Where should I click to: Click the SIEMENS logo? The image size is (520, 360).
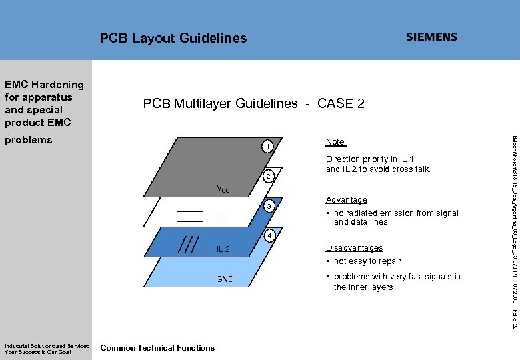[x=432, y=37]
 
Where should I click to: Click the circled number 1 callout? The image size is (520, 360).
[x=266, y=147]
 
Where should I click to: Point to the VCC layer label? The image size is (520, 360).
[x=223, y=189]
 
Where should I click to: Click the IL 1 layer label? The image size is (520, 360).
[x=223, y=219]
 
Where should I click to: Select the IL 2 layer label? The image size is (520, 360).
[x=223, y=249]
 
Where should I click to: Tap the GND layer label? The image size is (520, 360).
[x=225, y=279]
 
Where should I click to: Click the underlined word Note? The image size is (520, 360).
[x=336, y=142]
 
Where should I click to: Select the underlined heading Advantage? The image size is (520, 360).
[x=346, y=200]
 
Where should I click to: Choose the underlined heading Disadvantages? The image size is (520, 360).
[x=354, y=248]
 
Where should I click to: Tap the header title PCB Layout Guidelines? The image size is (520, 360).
[x=173, y=39]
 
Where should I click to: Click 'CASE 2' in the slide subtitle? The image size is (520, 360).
[x=341, y=103]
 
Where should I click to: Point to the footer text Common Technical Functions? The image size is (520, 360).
[x=157, y=347]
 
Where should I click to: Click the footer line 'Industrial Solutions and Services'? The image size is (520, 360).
[x=47, y=345]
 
